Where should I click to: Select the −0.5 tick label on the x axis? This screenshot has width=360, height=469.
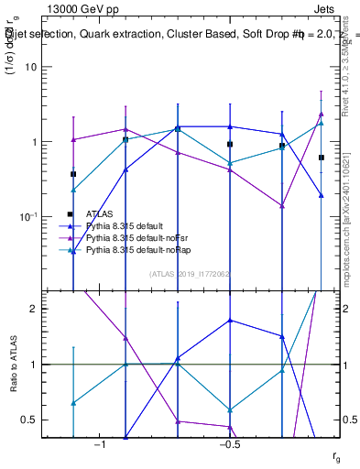230,444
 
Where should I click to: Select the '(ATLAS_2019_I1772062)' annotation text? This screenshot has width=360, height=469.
190,273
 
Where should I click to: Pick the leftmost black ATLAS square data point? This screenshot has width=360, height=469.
73,174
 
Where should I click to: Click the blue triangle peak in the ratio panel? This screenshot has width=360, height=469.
230,321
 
